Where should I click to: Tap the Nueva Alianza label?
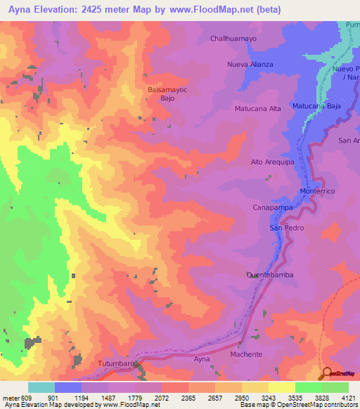[249, 64]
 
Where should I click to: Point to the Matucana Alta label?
[257, 109]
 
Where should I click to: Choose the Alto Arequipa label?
[271, 162]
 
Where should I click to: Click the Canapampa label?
[271, 208]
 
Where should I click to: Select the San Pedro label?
[285, 228]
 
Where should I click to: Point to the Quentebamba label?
[269, 275]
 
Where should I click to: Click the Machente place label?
[246, 354]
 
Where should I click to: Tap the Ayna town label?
[202, 359]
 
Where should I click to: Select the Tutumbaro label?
[116, 363]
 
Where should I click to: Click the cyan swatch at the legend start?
[41, 387]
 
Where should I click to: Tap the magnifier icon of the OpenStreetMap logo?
[326, 373]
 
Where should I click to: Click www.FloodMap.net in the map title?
[217, 10]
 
